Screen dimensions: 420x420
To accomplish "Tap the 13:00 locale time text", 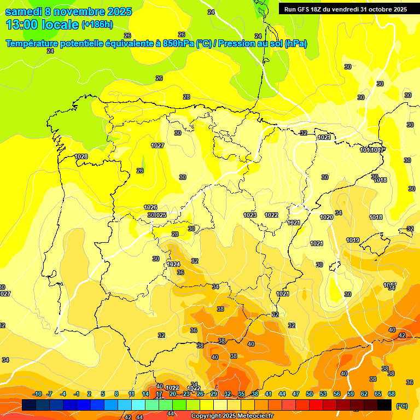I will coord(42,25).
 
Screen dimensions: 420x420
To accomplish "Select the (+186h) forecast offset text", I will coord(97,25).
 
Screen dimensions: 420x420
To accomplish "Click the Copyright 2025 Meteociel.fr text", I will coord(231,416).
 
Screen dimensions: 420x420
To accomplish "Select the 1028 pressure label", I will coord(81,156).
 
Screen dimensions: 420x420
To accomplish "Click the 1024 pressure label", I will coord(173,264).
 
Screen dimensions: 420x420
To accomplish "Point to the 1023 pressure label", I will coord(250,215).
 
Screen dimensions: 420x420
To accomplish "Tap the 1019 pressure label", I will coord(353,240).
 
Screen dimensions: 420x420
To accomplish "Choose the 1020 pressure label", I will coord(326,217).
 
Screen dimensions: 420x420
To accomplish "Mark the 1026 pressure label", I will coord(150,207).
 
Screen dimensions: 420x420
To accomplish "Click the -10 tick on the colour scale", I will coord(37,394).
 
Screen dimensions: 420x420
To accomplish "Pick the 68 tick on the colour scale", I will coord(392,394).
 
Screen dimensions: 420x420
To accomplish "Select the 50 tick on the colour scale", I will coord(310,394).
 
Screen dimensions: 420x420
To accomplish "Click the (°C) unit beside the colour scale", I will coord(402,406).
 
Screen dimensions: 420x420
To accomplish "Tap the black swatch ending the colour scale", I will coord(384,405).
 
